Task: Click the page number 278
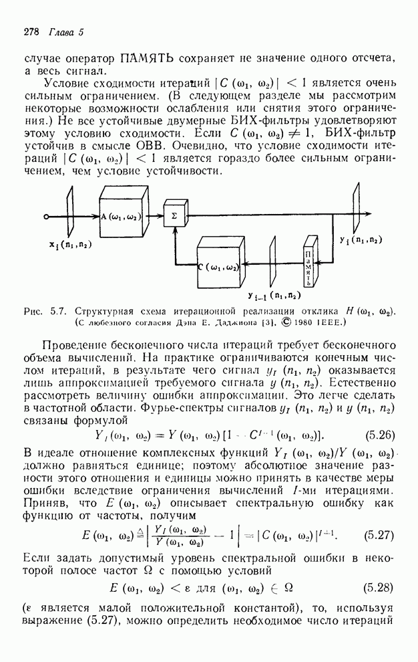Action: (x=31, y=31)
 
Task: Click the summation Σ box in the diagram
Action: (x=174, y=217)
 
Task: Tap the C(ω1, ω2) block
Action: (x=220, y=267)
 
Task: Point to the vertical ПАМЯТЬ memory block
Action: (x=308, y=265)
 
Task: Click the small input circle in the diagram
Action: (x=46, y=217)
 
